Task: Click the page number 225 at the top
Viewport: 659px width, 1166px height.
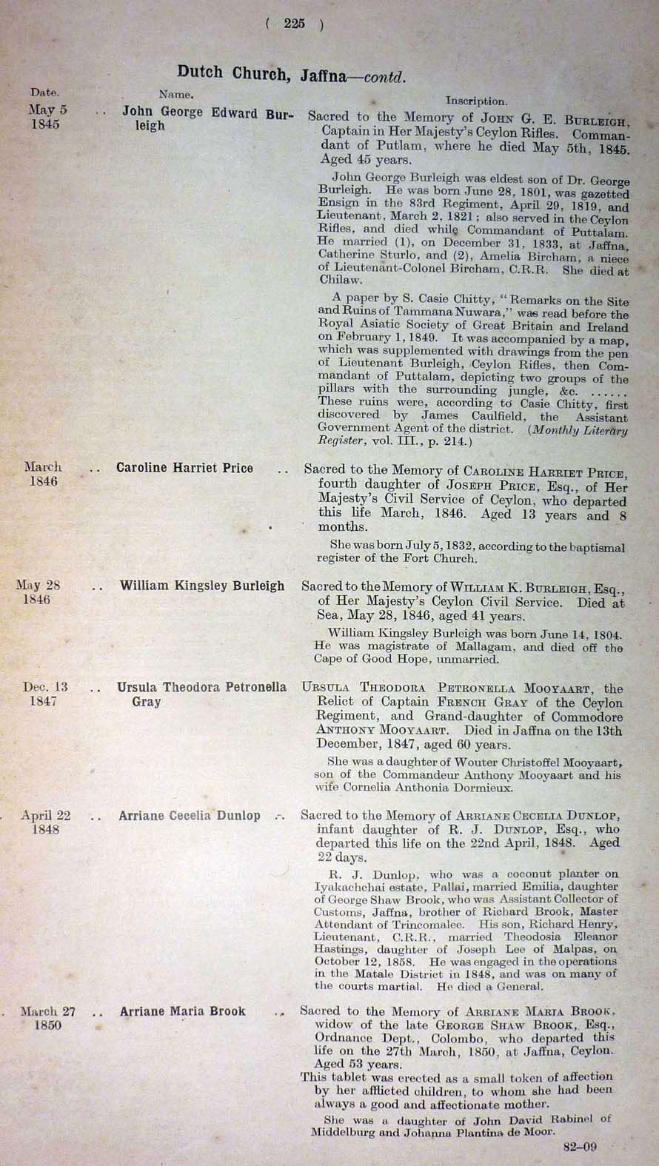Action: [294, 24]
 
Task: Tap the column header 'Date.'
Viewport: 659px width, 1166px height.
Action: [44, 93]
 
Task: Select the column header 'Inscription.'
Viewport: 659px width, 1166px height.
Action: [476, 101]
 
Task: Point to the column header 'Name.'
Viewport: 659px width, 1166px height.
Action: [176, 94]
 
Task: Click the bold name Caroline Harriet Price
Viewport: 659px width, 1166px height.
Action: [184, 468]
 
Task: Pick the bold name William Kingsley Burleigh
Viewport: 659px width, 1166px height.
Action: [202, 586]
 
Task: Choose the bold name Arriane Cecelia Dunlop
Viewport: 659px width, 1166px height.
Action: [190, 816]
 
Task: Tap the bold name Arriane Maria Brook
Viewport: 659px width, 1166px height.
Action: [182, 1011]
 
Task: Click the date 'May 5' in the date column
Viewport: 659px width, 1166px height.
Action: [47, 110]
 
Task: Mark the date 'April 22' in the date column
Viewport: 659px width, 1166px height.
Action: [46, 816]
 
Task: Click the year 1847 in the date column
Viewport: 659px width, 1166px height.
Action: [43, 701]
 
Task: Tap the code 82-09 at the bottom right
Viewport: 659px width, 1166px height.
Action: [580, 1147]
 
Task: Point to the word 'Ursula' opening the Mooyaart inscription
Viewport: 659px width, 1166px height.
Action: [327, 688]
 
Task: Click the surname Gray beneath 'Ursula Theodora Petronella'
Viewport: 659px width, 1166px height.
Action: [146, 701]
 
